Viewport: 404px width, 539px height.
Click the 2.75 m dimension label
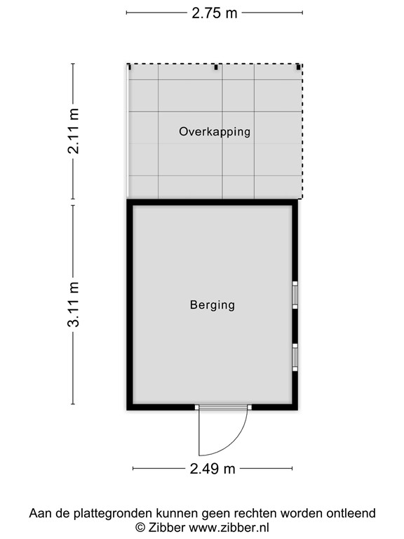click(214, 12)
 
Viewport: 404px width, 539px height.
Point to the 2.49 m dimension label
click(212, 469)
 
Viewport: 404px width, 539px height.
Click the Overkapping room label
click(214, 131)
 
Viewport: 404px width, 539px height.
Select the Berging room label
click(212, 305)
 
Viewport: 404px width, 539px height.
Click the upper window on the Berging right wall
click(295, 295)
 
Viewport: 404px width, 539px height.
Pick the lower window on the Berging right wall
click(295, 357)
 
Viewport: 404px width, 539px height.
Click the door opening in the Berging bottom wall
click(223, 406)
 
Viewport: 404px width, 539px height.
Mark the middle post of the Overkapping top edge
click(217, 67)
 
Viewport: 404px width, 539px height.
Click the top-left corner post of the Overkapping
click(129, 67)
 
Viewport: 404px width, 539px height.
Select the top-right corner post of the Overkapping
click(299, 67)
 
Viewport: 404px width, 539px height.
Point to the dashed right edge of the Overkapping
click(303, 133)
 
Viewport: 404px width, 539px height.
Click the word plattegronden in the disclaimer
click(102, 513)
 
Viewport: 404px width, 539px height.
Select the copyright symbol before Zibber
click(140, 526)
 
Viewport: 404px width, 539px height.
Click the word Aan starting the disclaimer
click(39, 513)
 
